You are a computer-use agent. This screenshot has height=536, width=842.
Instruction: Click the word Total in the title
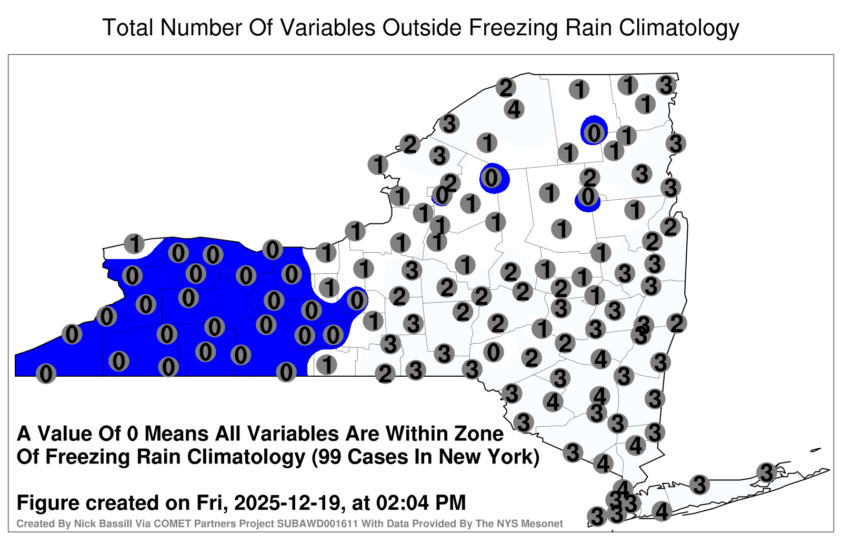[128, 27]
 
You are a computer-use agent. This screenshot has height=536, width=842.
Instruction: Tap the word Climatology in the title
[679, 28]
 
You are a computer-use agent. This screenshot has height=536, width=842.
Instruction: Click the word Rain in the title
[589, 27]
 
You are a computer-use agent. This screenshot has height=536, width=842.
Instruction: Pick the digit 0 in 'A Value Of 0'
[133, 434]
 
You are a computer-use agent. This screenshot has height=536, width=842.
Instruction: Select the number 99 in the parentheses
[331, 457]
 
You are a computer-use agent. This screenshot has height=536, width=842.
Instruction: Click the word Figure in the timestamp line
[47, 503]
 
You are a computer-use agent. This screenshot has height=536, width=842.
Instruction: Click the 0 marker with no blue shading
[493, 352]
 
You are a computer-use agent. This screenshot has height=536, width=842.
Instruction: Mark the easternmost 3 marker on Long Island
[766, 472]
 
